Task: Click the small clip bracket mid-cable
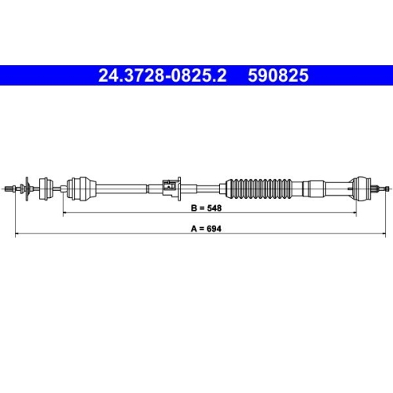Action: coord(167,186)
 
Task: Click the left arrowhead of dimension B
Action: coord(64,214)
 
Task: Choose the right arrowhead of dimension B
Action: coord(354,214)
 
